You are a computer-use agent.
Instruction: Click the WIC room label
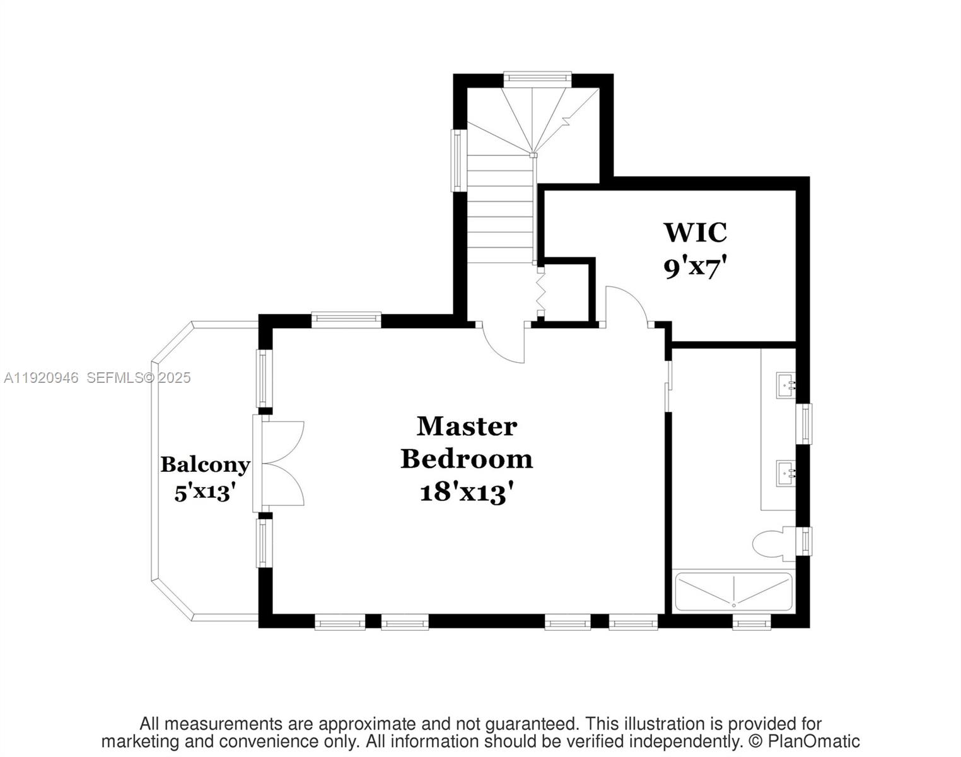coord(695,232)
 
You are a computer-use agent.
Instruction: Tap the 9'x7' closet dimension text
coord(692,268)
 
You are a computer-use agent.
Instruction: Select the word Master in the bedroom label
coord(467,426)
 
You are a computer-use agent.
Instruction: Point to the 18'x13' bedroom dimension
coord(467,492)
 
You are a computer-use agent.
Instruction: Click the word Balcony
coord(205,465)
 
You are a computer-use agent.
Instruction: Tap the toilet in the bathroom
coord(771,543)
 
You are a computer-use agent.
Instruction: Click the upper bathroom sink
coord(785,384)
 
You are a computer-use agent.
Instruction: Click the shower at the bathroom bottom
coord(733,592)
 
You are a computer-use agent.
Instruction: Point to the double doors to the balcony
coord(281,464)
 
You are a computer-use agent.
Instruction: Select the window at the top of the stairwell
coord(537,78)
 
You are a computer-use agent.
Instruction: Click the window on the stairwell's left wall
coord(457,160)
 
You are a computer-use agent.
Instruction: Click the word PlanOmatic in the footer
coord(813,741)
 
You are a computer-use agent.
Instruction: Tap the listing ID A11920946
coord(41,378)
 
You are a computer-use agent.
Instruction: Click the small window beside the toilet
coord(805,541)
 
